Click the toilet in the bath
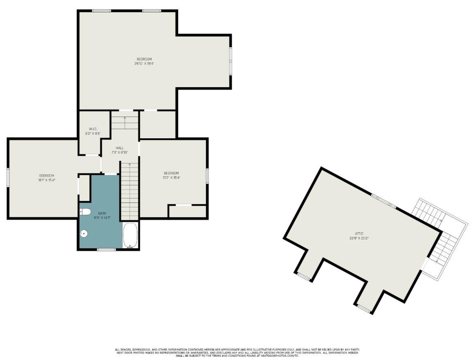[85, 211]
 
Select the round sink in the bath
[84, 234]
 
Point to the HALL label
[120, 148]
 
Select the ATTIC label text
[359, 234]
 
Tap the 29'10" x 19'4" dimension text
[144, 63]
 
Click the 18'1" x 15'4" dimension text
[46, 180]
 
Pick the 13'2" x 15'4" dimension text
[171, 178]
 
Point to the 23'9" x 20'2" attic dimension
[359, 238]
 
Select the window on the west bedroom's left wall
[8, 178]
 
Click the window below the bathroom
[106, 249]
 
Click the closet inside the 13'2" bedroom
[187, 211]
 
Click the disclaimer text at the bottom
[237, 353]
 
